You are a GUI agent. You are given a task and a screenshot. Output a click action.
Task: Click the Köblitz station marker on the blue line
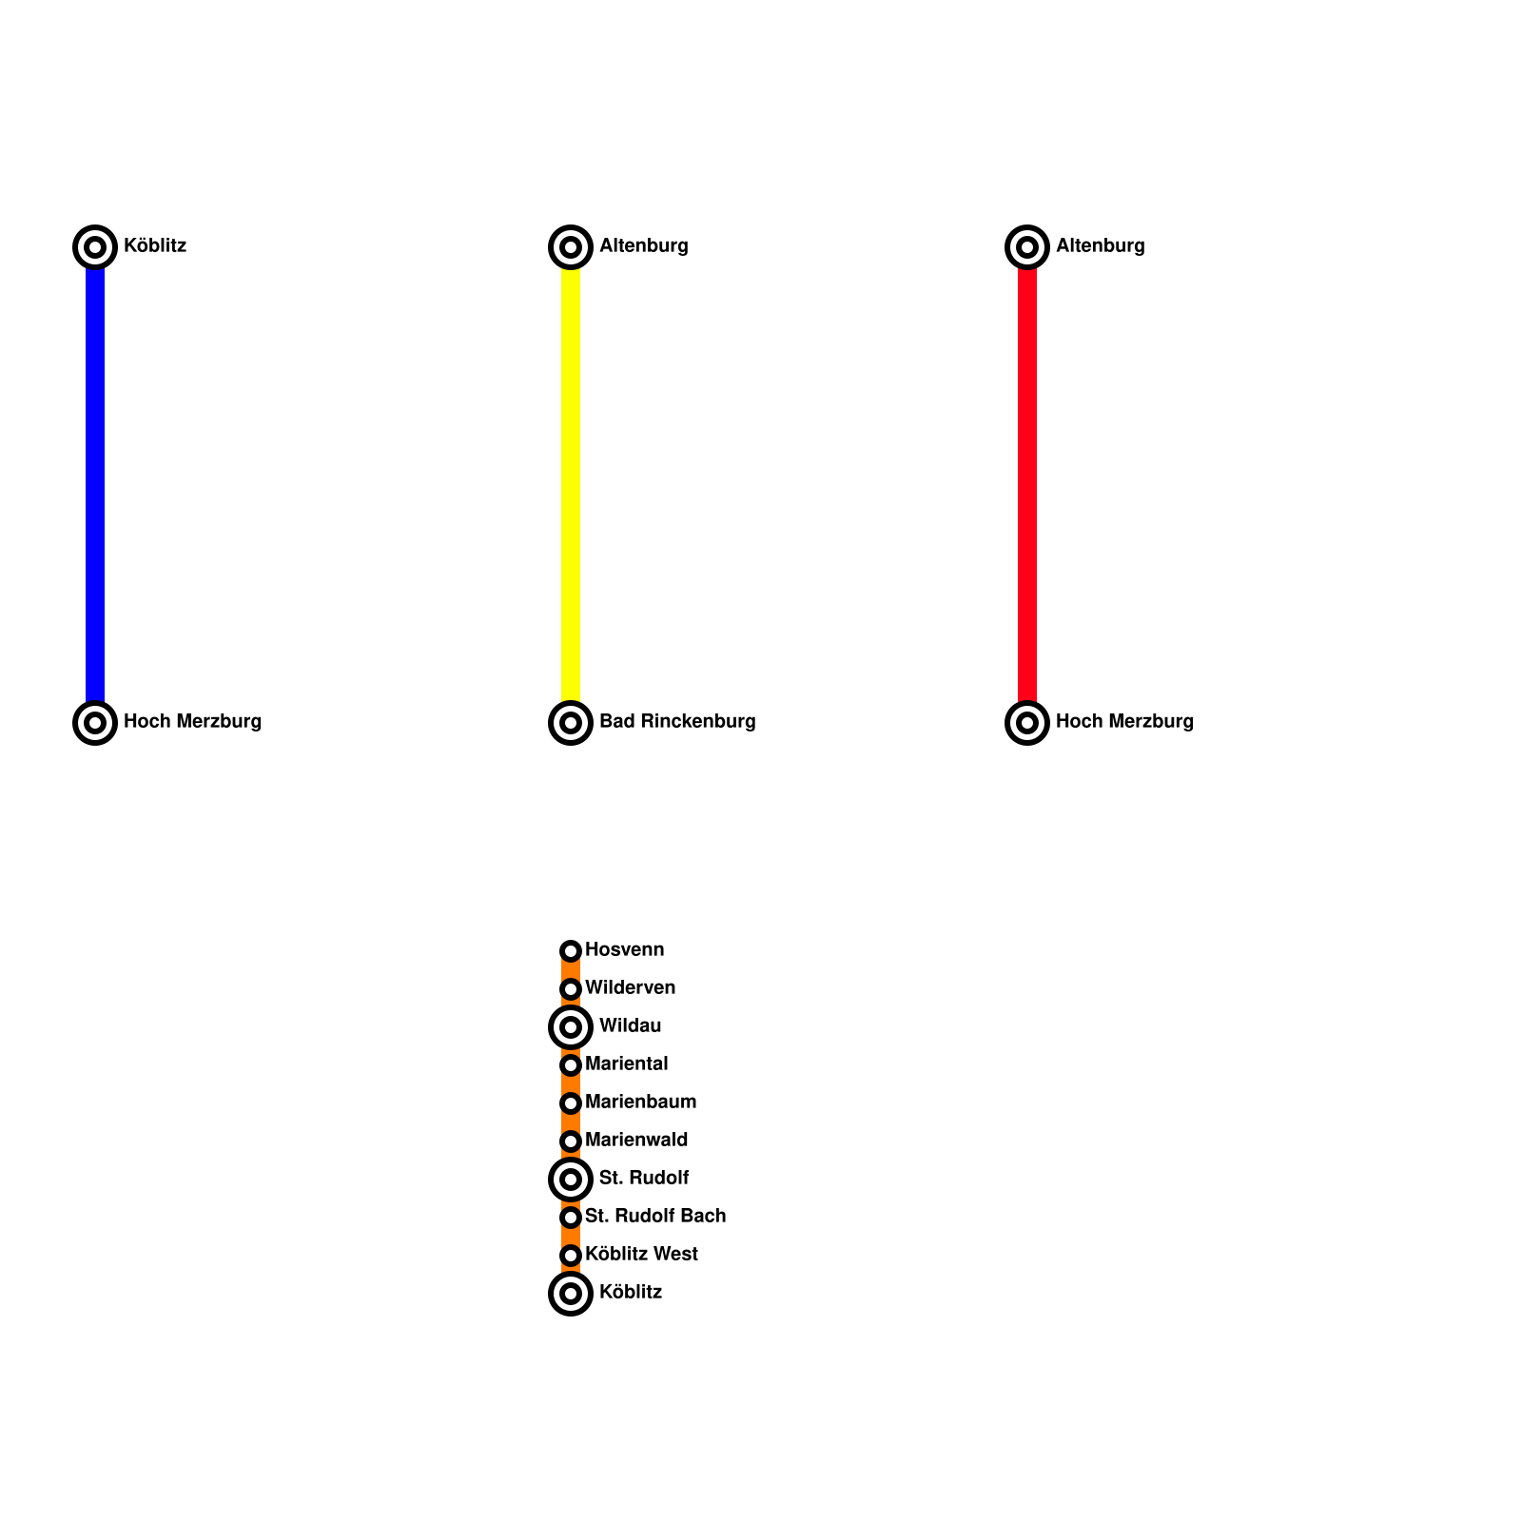95,247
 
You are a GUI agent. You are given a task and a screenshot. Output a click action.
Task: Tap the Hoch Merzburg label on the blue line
192,721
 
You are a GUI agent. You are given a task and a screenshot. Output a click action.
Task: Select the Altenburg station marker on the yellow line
571,247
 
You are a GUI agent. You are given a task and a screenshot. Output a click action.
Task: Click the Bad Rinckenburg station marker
571,723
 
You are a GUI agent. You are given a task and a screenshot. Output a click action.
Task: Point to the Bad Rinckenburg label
677,721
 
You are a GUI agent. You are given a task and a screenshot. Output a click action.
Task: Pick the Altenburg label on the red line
1100,245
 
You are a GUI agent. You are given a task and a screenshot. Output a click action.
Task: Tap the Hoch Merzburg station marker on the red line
1027,723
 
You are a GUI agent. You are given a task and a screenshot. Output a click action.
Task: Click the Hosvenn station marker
571,951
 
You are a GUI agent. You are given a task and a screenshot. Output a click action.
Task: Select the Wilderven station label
630,987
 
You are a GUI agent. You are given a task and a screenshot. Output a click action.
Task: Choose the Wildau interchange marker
571,1027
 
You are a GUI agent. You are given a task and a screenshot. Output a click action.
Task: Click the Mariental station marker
571,1065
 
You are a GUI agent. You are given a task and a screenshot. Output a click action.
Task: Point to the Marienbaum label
640,1102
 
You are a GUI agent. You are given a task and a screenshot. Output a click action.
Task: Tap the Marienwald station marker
571,1141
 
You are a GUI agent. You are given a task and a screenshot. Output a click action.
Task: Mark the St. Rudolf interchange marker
571,1180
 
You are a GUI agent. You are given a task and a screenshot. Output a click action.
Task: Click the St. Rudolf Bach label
654,1216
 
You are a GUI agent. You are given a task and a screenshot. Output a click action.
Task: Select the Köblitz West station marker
571,1256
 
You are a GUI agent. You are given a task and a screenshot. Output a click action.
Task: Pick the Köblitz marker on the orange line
571,1294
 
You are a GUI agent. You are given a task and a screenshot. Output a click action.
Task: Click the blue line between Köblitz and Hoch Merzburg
95,485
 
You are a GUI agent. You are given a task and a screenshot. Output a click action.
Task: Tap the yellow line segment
571,485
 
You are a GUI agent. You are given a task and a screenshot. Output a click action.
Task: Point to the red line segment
1027,485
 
